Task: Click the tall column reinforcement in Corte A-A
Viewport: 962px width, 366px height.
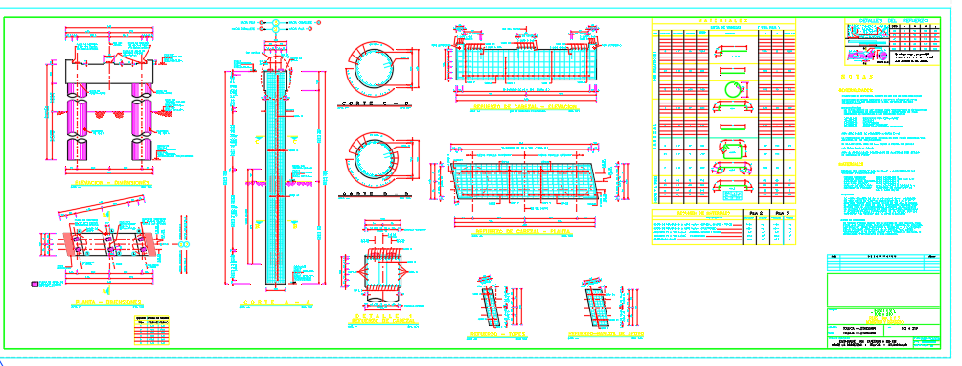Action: [x=275, y=172]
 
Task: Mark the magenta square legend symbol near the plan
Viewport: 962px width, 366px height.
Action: [x=35, y=284]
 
